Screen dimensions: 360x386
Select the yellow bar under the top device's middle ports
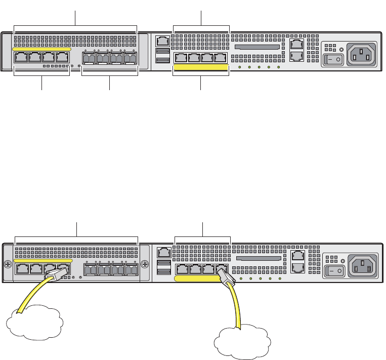click(x=201, y=67)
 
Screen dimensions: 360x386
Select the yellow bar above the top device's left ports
click(x=41, y=49)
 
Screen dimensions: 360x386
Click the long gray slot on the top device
click(x=257, y=47)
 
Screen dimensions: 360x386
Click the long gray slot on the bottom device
click(x=258, y=258)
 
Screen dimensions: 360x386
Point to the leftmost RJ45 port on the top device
click(x=21, y=57)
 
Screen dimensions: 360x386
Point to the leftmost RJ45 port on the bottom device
click(x=22, y=268)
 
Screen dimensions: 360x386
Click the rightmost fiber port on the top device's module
click(x=131, y=59)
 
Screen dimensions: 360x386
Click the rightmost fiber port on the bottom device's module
click(x=132, y=269)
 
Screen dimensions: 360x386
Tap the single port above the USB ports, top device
click(x=162, y=41)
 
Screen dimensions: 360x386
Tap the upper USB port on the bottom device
click(x=164, y=263)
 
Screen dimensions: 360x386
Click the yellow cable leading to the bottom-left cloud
click(x=28, y=299)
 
